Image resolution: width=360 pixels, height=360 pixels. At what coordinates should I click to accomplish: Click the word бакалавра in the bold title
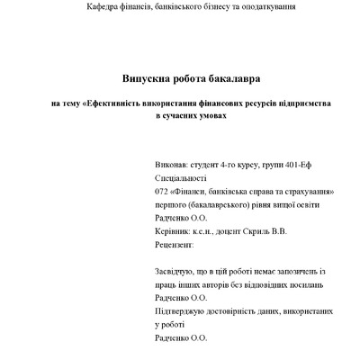[228, 81]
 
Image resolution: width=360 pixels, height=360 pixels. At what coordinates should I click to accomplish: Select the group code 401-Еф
[302, 166]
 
